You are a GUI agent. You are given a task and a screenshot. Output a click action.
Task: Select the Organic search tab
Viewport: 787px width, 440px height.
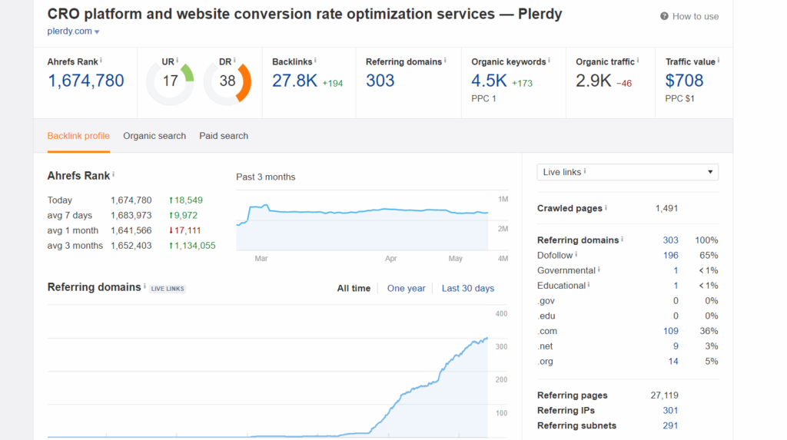coord(154,136)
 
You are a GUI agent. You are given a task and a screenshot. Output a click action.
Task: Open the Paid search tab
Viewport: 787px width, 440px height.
coord(224,136)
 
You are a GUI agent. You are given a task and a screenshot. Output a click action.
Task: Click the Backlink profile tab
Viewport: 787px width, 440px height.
coord(78,136)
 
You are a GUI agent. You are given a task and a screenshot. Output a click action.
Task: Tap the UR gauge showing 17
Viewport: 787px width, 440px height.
coord(170,81)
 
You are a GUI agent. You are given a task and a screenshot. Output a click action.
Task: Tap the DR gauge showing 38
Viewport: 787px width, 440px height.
coord(227,81)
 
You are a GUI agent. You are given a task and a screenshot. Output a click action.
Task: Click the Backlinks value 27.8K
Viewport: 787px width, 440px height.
coord(294,81)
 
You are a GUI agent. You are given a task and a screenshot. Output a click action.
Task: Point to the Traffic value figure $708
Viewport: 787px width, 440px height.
coord(684,81)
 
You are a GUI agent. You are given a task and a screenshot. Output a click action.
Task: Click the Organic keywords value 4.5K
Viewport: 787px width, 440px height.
coord(489,81)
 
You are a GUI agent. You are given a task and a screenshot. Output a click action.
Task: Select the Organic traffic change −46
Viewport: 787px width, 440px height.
coord(623,84)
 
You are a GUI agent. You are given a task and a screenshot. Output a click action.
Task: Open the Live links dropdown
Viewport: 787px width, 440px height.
coord(627,172)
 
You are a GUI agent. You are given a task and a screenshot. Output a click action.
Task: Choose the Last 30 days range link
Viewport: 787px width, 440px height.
coord(467,289)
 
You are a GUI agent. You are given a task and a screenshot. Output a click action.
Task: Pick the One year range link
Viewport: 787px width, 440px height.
coord(406,289)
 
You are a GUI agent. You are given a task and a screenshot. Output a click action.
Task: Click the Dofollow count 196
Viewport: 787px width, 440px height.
coord(670,255)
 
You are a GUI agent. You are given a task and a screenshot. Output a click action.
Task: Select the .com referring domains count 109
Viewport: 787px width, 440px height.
coord(670,331)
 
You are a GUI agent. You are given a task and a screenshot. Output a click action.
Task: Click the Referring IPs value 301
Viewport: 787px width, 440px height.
coord(670,411)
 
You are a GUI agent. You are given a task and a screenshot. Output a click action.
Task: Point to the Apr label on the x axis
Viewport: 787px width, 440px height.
coord(390,260)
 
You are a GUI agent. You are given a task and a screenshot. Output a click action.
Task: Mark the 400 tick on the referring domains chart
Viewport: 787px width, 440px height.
coord(502,314)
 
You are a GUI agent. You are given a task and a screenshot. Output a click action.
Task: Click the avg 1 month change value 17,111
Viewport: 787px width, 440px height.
coord(184,230)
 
